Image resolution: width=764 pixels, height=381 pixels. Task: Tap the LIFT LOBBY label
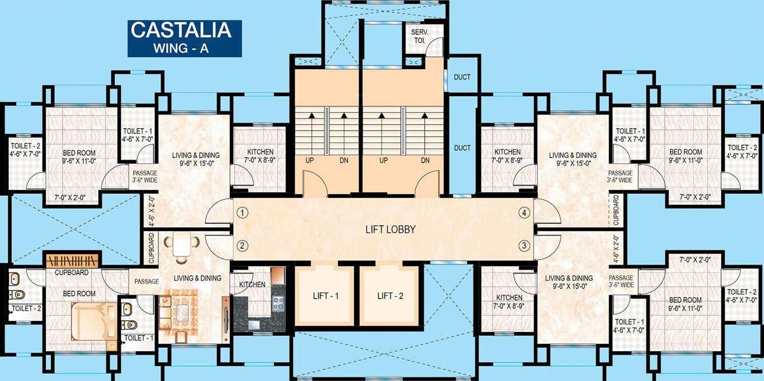point(390,230)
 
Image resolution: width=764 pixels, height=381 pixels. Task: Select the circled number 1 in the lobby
point(243,213)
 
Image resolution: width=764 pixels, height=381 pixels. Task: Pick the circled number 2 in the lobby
point(243,246)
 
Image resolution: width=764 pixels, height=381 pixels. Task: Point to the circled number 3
point(523,246)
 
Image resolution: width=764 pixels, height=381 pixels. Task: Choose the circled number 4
point(523,213)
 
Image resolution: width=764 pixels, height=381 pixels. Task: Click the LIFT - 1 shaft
point(326,296)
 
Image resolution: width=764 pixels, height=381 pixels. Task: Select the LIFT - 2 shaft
point(391,296)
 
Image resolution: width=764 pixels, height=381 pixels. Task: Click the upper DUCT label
point(462,77)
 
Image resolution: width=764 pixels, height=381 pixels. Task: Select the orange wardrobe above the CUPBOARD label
point(73,260)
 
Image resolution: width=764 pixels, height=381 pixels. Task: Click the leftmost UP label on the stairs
point(309,161)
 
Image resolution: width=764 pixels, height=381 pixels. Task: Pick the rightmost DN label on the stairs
point(425,161)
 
